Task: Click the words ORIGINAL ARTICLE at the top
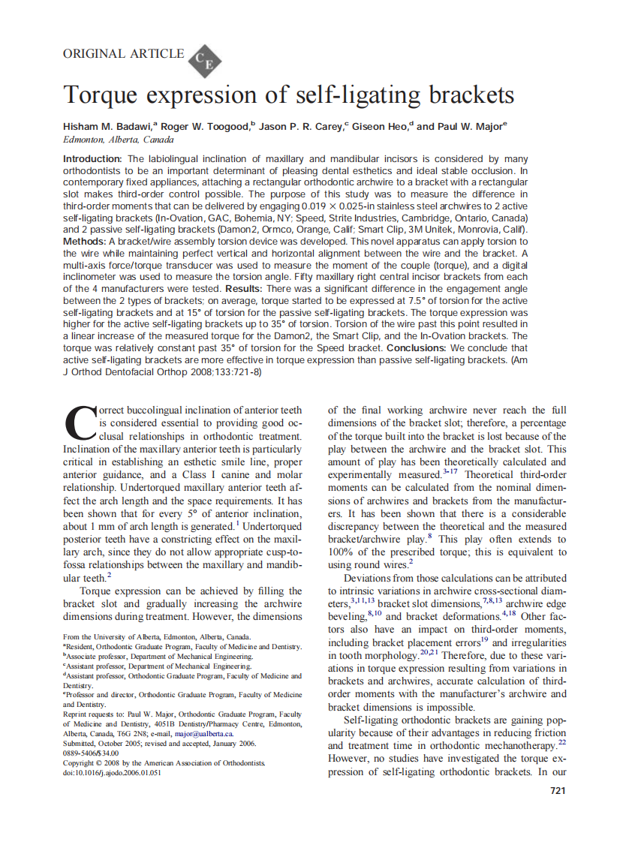pyautogui.click(x=123, y=53)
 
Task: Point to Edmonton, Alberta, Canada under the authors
pyautogui.click(x=119, y=140)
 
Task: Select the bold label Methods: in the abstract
pyautogui.click(x=84, y=242)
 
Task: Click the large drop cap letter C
pyautogui.click(x=81, y=424)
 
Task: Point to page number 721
pyautogui.click(x=558, y=790)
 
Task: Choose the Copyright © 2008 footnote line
pyautogui.click(x=164, y=762)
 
